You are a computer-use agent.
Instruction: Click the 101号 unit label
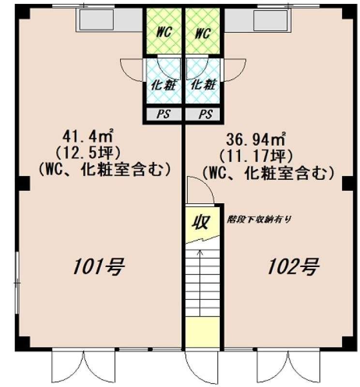pyautogui.click(x=99, y=267)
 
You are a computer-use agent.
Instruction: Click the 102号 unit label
pyautogui.click(x=293, y=267)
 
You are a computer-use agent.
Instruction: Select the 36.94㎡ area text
pyautogui.click(x=256, y=139)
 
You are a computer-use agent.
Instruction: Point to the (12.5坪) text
pyautogui.click(x=88, y=153)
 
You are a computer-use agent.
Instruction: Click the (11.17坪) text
pyautogui.click(x=256, y=156)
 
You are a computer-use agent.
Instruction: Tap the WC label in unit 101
pyautogui.click(x=164, y=32)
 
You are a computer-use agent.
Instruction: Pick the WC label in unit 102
pyautogui.click(x=203, y=33)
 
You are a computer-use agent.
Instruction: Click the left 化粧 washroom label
pyautogui.click(x=164, y=85)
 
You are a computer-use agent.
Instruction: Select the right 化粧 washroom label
pyautogui.click(x=203, y=85)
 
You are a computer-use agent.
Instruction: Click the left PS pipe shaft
pyautogui.click(x=164, y=114)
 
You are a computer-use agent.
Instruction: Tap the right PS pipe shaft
pyautogui.click(x=202, y=114)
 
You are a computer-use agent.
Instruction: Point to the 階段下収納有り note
pyautogui.click(x=259, y=219)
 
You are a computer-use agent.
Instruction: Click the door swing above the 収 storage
pyautogui.click(x=200, y=190)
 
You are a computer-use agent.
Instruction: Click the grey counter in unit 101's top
pyautogui.click(x=109, y=20)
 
